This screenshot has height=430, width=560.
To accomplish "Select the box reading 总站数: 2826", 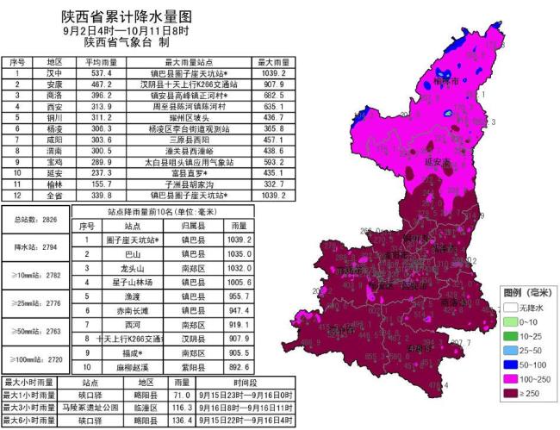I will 37,220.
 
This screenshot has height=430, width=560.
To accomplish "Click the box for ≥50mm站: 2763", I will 37,331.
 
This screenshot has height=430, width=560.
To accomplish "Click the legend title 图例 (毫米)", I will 525,291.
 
